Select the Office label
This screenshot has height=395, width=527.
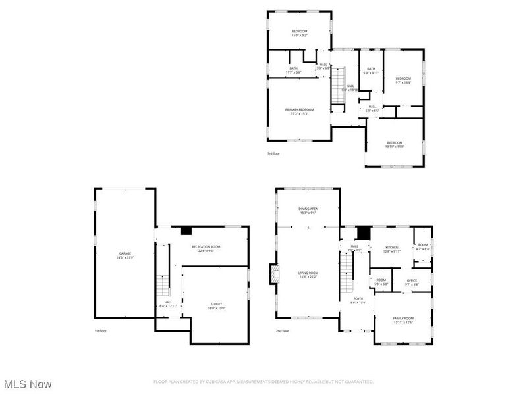coord(412,282)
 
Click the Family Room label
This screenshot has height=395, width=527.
coord(403,319)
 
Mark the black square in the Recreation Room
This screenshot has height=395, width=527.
coord(186,230)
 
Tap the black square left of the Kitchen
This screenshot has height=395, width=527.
coord(362,232)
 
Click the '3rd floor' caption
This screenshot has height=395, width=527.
coord(273,154)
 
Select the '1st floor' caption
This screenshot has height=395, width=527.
coord(101,330)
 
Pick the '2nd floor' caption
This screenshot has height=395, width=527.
coord(282,330)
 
